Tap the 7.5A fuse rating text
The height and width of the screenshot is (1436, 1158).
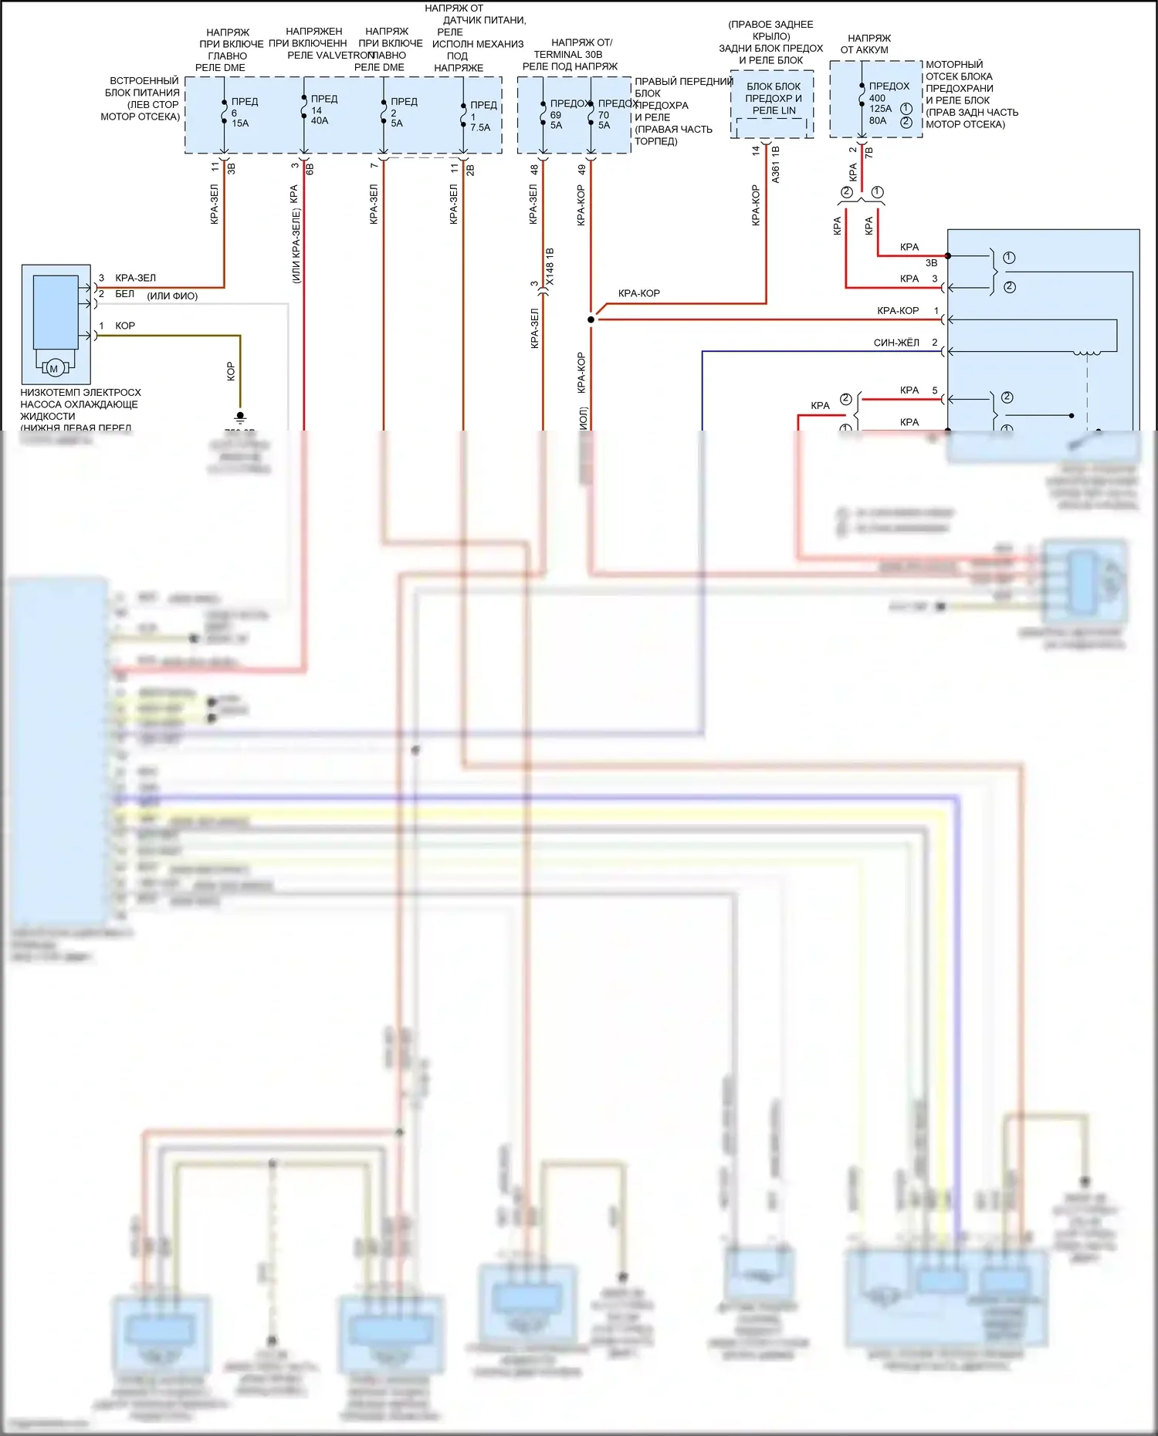point(480,127)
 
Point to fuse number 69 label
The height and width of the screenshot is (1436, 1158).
point(556,115)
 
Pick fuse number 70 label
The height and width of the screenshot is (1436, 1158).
point(604,115)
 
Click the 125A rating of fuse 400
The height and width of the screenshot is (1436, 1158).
point(880,109)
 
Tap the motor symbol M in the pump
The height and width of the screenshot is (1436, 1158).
point(54,369)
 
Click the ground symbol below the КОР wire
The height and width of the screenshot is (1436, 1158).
point(240,417)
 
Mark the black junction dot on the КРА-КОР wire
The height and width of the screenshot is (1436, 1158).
point(591,319)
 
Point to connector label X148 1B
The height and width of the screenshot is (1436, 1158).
point(550,267)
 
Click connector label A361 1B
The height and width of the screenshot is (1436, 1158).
point(776,164)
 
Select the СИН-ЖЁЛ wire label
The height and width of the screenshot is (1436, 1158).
point(896,343)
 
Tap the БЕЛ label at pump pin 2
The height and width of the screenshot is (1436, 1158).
point(124,294)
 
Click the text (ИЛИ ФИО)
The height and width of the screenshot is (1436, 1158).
point(172,296)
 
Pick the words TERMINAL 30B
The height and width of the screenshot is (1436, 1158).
point(567,55)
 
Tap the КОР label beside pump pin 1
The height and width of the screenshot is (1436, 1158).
point(125,326)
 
